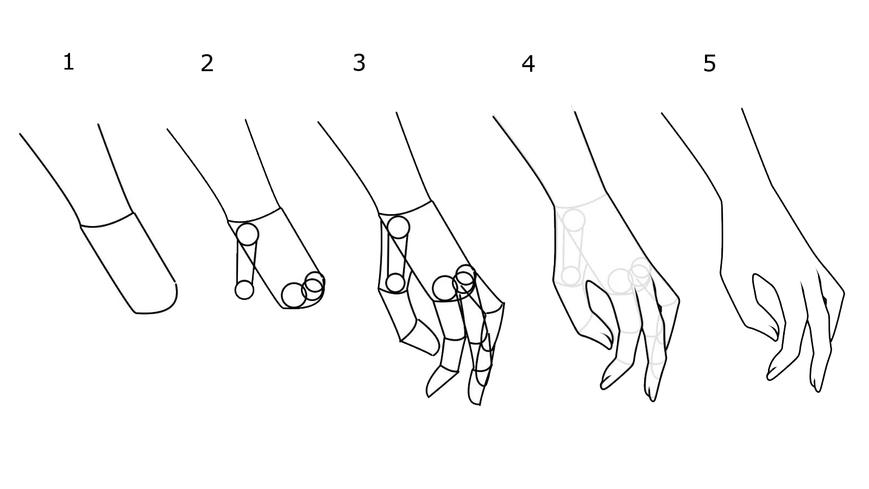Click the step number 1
pos(68,62)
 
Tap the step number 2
pos(207,63)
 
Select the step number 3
pos(359,62)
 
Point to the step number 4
pos(528,64)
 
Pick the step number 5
pos(709,64)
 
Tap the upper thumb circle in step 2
pos(248,234)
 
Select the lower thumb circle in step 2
pos(244,290)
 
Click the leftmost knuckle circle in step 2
pos(294,296)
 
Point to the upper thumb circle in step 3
pos(398,227)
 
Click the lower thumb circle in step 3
pos(395,283)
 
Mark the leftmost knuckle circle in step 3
pos(445,289)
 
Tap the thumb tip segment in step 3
pos(421,337)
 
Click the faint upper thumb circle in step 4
pos(574,220)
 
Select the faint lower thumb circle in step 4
pos(570,275)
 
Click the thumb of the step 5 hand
pos(766,306)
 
